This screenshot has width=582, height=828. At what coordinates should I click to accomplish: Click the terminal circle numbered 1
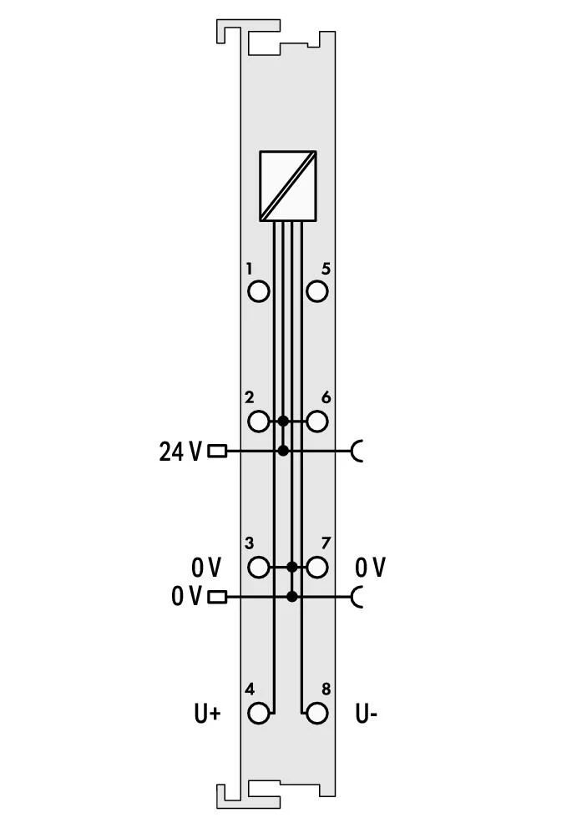pyautogui.click(x=258, y=291)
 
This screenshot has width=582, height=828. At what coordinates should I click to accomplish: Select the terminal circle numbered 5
pyautogui.click(x=316, y=291)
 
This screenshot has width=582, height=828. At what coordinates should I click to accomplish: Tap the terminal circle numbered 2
pyautogui.click(x=258, y=422)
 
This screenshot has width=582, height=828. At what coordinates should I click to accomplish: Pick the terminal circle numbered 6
pyautogui.click(x=316, y=422)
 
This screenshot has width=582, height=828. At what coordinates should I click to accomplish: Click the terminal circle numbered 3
pyautogui.click(x=258, y=567)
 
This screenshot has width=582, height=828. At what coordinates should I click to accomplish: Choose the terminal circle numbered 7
pyautogui.click(x=316, y=567)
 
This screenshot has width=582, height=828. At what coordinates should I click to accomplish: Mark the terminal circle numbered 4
pyautogui.click(x=258, y=714)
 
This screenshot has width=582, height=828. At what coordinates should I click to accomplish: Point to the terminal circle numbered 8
pyautogui.click(x=316, y=714)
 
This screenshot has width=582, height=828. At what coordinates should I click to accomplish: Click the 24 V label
pyautogui.click(x=180, y=452)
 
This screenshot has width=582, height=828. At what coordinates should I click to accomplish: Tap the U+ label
pyautogui.click(x=207, y=714)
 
